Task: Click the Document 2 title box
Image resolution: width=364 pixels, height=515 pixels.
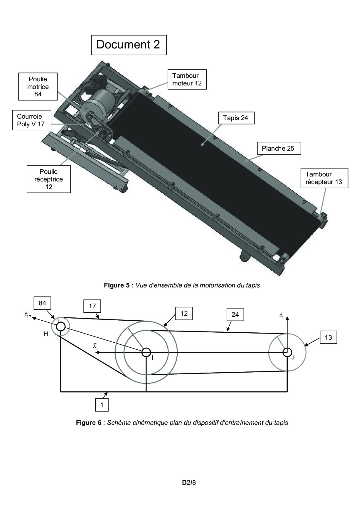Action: click(x=129, y=45)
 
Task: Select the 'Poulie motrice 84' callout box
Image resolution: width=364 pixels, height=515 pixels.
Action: click(x=38, y=87)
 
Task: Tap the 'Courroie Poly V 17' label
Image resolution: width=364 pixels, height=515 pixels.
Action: click(x=31, y=120)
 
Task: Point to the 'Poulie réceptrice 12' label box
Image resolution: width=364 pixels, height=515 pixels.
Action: click(x=49, y=179)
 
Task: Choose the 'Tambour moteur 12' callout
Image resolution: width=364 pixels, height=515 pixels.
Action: click(x=187, y=79)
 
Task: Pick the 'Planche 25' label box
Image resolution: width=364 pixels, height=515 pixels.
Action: click(x=278, y=148)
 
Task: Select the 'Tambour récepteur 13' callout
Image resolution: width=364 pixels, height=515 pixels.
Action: click(x=324, y=178)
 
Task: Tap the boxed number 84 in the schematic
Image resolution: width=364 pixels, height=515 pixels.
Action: click(x=42, y=303)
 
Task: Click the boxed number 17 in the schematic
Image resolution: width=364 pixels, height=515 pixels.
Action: click(x=92, y=306)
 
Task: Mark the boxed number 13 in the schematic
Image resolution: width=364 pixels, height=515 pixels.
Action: click(x=328, y=338)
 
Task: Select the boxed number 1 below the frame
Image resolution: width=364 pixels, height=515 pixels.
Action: click(x=102, y=405)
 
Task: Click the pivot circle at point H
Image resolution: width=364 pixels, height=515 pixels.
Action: click(x=60, y=326)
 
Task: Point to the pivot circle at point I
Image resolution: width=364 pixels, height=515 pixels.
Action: click(x=146, y=352)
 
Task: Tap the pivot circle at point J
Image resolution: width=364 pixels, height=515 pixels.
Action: click(x=287, y=352)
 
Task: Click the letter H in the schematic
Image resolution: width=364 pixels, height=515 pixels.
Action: click(x=45, y=334)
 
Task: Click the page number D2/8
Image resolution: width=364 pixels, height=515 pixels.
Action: click(x=189, y=482)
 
